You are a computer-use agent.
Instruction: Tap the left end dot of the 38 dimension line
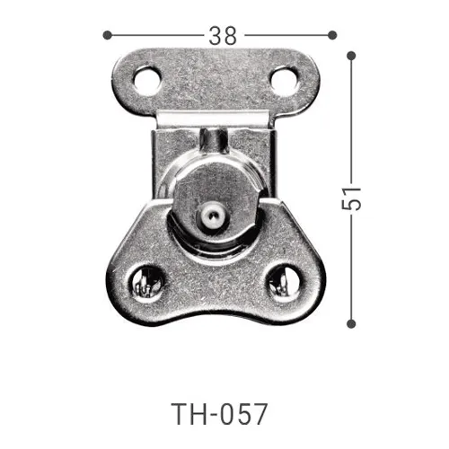pos(107,35)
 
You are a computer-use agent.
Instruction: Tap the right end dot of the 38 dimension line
pos(332,35)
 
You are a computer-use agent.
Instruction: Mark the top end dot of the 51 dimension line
pos(351,55)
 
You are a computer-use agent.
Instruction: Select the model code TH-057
pos(220,415)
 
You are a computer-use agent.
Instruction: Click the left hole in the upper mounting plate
pos(148,83)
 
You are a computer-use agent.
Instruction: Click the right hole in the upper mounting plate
pos(284,83)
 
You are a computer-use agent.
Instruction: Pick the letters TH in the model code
pos(186,415)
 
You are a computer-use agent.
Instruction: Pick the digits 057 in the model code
pos(243,415)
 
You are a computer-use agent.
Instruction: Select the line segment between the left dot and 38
pos(154,35)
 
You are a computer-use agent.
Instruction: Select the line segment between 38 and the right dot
pos(287,35)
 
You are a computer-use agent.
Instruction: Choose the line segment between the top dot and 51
pos(351,117)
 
